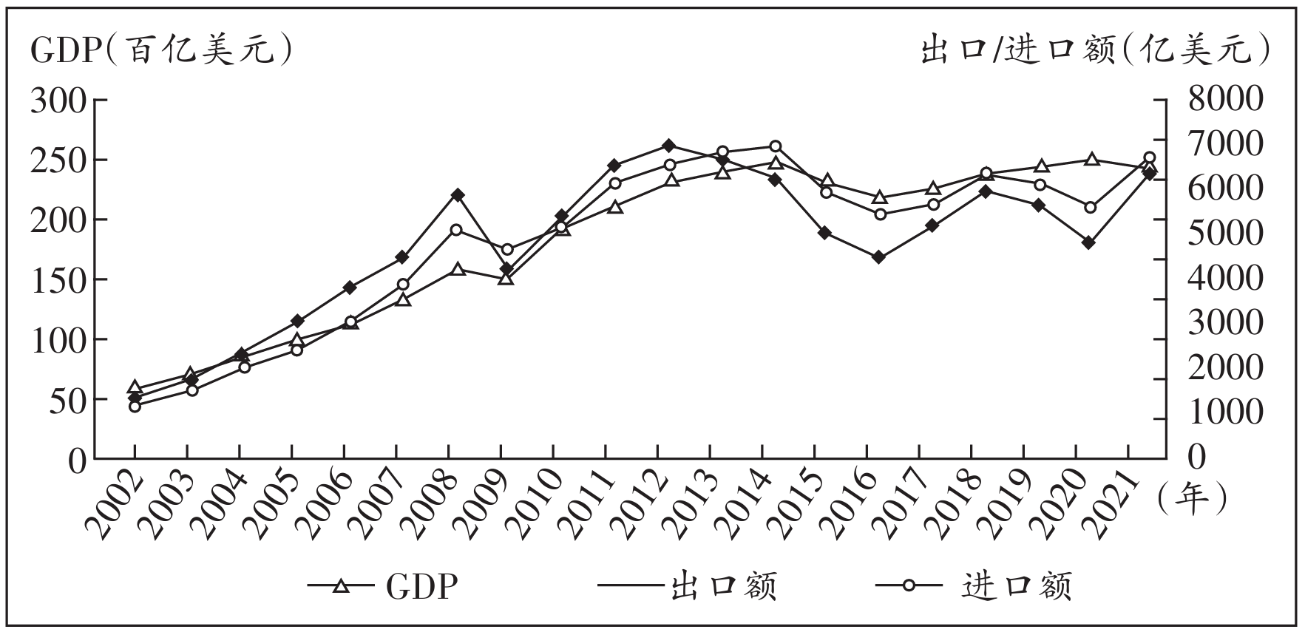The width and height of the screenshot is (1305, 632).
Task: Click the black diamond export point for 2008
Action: (x=457, y=195)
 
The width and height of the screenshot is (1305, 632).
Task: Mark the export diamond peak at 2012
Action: (x=668, y=146)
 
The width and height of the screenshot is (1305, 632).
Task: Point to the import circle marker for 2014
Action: (x=775, y=146)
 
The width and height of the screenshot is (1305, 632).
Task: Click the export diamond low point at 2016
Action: (x=878, y=257)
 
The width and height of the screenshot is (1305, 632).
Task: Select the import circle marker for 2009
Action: (x=507, y=250)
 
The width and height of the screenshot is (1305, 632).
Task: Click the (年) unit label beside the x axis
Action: (x=1191, y=500)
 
